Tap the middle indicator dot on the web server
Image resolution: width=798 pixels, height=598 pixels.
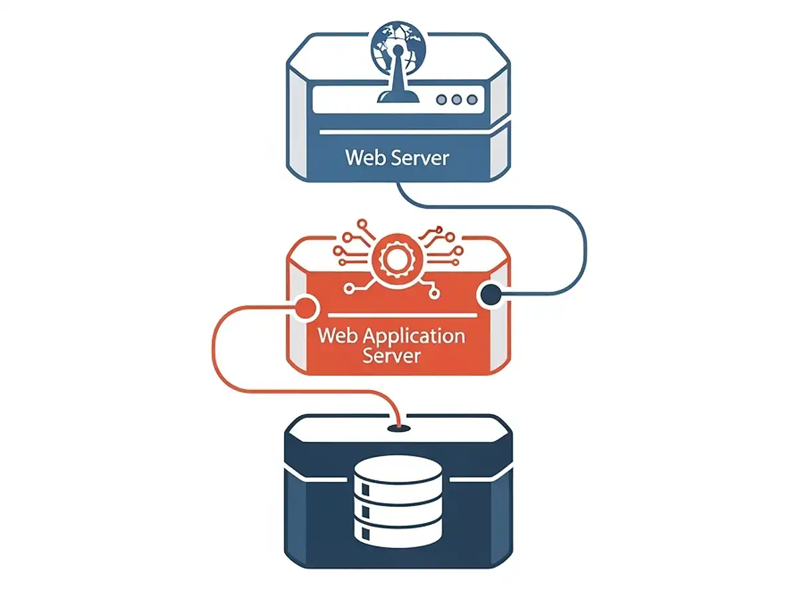click(456, 100)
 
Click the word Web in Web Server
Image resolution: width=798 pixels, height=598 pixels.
click(362, 158)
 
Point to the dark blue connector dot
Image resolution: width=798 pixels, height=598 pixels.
click(491, 295)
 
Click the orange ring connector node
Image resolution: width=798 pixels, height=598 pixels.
click(305, 306)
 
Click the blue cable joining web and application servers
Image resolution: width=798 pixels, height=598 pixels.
click(585, 246)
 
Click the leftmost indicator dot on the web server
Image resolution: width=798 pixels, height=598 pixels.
click(440, 100)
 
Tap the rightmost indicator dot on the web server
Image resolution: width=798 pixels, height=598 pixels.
click(472, 100)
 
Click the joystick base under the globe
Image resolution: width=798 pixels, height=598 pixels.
click(398, 97)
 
